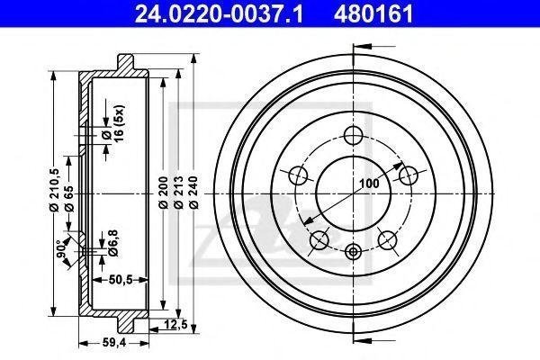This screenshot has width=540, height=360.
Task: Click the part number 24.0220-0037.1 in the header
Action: (x=219, y=13)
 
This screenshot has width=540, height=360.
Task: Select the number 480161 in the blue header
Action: (x=373, y=13)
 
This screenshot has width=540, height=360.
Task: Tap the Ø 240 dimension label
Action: (x=193, y=193)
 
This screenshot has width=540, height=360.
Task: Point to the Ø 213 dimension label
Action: (x=178, y=193)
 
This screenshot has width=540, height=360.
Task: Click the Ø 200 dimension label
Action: (x=163, y=193)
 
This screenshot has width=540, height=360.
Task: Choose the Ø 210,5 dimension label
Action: (x=55, y=190)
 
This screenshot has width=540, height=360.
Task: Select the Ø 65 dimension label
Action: (x=69, y=198)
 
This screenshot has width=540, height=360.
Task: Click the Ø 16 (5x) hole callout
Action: (x=113, y=123)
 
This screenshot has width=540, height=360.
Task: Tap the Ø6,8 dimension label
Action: (x=113, y=243)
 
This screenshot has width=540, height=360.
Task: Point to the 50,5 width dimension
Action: (x=121, y=280)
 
